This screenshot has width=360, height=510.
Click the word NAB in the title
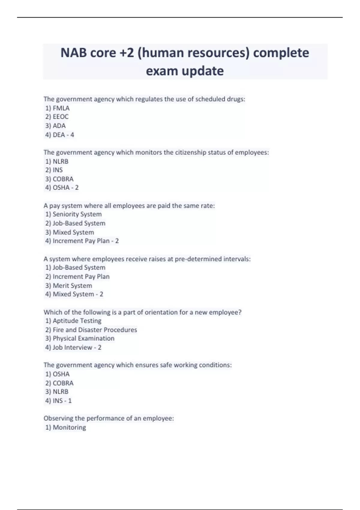pos(73,53)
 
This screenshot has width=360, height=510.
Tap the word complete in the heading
pos(281,53)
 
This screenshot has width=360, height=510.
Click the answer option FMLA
pos(61,108)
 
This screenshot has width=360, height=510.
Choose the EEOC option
pos(60,117)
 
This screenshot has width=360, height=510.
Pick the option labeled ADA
pos(59,126)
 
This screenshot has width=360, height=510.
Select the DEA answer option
pos(59,135)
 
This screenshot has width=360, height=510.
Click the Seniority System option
pos(77,214)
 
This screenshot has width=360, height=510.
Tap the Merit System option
pos(72,286)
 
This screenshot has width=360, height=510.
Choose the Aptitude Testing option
pos(77,321)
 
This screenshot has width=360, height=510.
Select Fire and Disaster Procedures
pos(94,330)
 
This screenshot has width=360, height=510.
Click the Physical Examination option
pos(83,338)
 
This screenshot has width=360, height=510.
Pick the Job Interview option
pos(72,347)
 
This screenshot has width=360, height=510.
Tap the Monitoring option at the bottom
pos(69,427)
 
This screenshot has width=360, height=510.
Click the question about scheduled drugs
pos(144,99)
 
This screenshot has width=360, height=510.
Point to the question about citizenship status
pos(156,152)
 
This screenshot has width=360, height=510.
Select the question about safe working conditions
pos(138,365)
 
